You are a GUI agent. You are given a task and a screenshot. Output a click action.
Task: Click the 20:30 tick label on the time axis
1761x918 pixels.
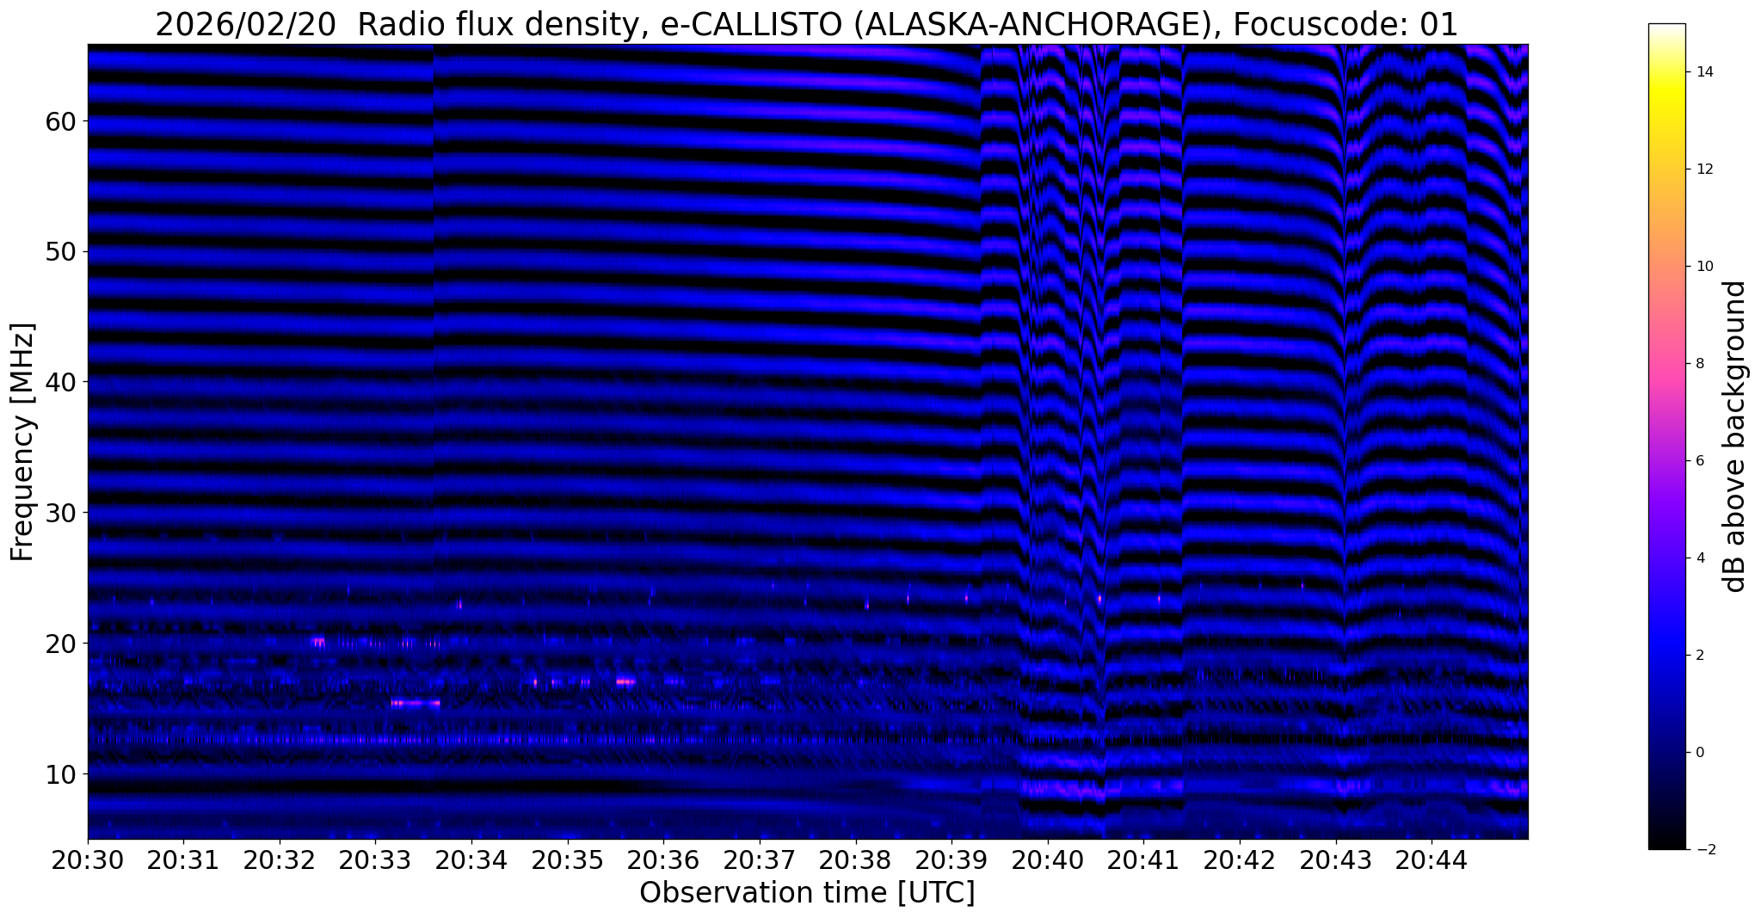(x=87, y=860)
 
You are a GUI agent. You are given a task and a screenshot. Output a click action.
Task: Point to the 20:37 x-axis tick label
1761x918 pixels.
(x=760, y=860)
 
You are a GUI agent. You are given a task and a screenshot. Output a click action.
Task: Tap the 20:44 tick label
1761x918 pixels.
(x=1432, y=860)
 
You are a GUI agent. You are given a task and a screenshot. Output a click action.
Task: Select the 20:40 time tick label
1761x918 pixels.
(x=1047, y=860)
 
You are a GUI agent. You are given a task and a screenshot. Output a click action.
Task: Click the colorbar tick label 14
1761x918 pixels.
(x=1703, y=72)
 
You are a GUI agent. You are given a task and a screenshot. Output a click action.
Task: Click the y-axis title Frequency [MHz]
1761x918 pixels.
(x=22, y=442)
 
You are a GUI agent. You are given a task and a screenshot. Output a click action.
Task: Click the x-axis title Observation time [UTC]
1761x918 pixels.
(x=807, y=893)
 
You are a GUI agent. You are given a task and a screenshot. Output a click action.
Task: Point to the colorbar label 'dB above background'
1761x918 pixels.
(x=1735, y=436)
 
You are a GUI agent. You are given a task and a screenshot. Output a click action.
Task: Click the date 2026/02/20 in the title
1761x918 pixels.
(x=245, y=26)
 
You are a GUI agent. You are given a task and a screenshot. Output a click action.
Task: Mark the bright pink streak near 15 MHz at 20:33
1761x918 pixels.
(x=416, y=703)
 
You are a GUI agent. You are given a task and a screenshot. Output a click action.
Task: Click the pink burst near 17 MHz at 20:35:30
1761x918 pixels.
(x=625, y=682)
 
